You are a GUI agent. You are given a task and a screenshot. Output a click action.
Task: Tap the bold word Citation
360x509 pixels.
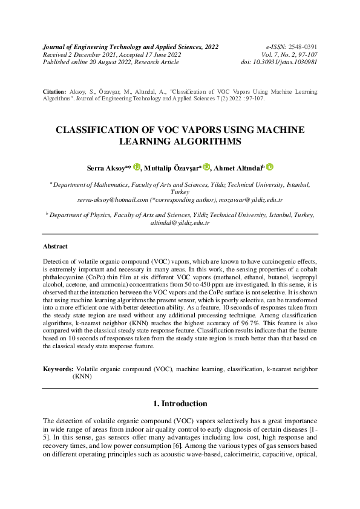[x=54, y=91]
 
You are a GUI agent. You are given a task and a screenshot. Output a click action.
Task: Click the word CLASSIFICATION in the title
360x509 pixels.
[x=97, y=130]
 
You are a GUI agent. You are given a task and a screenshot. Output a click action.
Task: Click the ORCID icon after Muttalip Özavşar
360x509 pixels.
[x=206, y=167]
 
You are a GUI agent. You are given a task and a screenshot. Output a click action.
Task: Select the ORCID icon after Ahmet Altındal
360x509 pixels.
[x=270, y=167]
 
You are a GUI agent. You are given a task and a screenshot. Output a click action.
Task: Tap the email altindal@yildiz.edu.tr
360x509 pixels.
[x=180, y=222]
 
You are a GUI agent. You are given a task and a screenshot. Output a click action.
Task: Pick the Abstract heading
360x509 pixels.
[x=55, y=247]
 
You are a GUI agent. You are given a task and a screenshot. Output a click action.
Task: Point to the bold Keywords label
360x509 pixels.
[x=58, y=368]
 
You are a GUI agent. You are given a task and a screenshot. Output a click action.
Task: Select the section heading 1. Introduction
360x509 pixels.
[x=180, y=404]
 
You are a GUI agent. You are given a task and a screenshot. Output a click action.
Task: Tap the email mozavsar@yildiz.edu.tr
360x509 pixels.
[x=252, y=199]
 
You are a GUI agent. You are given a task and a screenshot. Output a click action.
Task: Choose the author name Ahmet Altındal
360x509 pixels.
[x=237, y=167]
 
